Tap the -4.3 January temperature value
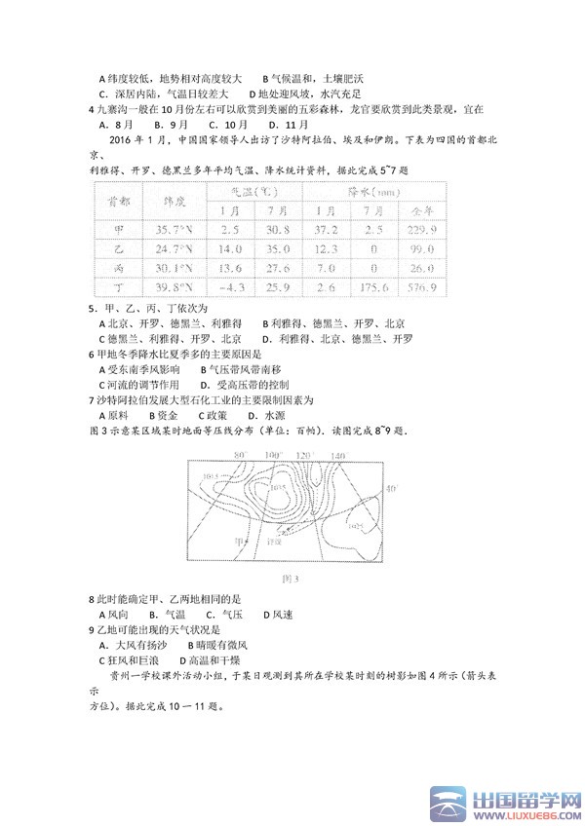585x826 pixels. [x=231, y=289]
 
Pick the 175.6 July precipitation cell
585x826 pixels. [x=375, y=289]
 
